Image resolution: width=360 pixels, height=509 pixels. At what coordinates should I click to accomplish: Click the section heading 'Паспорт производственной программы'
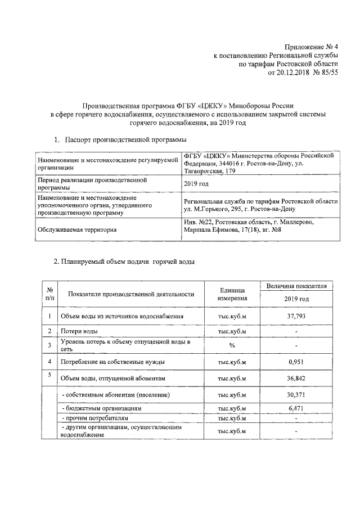coord(125,139)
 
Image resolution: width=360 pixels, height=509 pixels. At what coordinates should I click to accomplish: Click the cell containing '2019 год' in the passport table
coord(196,184)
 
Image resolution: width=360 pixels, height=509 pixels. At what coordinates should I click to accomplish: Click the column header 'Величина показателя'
coord(296,286)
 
